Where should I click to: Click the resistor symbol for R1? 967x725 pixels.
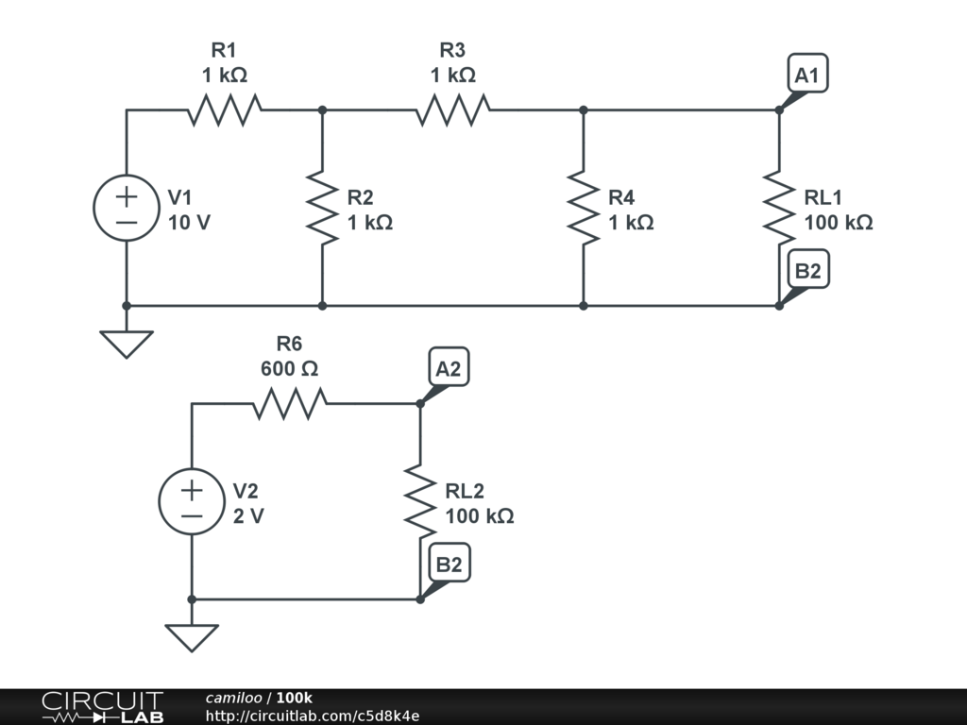point(225,110)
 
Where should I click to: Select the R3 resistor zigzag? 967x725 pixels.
point(453,110)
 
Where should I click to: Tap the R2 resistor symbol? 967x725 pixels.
point(322,208)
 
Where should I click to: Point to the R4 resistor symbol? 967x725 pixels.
point(584,208)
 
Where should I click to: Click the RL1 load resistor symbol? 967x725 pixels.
point(779,208)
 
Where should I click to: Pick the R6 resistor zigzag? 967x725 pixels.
point(290,404)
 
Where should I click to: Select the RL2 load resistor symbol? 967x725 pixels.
point(420,501)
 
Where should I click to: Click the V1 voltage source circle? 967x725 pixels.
point(127,208)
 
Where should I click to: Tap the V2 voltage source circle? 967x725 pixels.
point(192,501)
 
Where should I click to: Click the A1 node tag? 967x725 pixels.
point(807,74)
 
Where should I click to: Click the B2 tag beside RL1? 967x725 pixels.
point(808,269)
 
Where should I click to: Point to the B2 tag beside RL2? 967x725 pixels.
point(449,564)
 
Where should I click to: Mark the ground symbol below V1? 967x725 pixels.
point(127,344)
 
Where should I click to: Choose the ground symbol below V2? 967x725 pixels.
point(192,637)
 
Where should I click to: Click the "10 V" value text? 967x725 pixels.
point(189,222)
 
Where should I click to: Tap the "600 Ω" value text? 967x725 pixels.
point(289,369)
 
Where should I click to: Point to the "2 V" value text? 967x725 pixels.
point(248,515)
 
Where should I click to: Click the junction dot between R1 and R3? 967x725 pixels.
point(322,110)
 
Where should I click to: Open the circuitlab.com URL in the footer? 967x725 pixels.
point(313,716)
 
